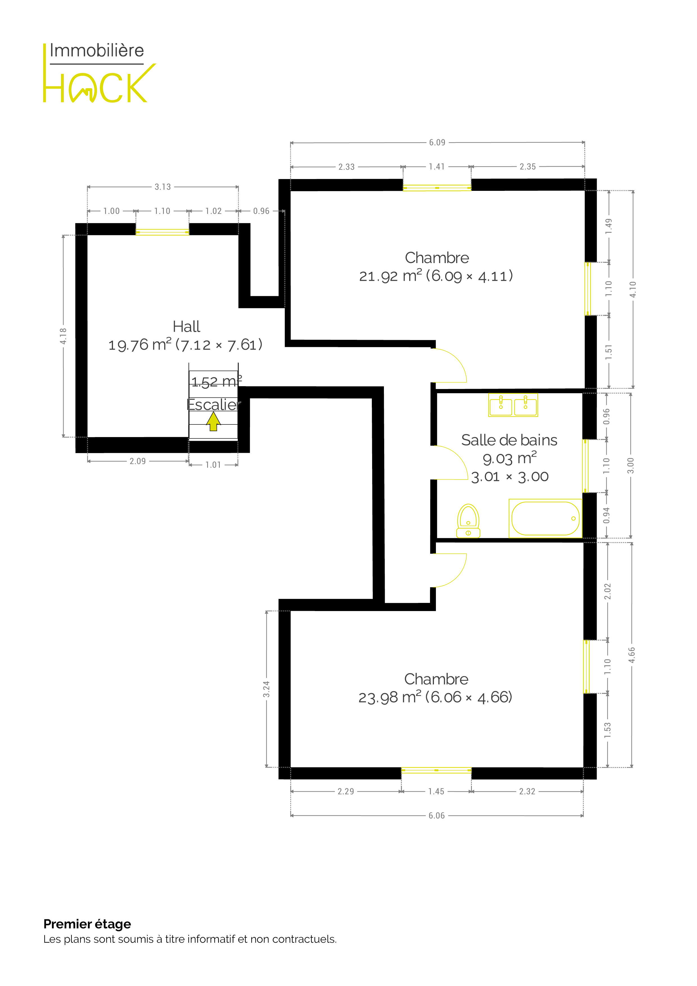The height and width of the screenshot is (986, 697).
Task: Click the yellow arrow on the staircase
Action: (213, 421)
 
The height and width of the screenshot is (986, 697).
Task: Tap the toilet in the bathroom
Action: (468, 521)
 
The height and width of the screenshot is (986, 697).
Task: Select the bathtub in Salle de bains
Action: (546, 518)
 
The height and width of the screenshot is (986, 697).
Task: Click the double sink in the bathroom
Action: (513, 405)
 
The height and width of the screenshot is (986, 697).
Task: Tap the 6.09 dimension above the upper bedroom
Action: (437, 143)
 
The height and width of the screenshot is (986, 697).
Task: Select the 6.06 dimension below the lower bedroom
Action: (437, 815)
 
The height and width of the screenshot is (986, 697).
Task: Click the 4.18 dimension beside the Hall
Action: (63, 336)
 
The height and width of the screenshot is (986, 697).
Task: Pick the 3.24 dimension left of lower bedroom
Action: (266, 689)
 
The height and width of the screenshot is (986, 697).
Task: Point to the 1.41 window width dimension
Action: (437, 167)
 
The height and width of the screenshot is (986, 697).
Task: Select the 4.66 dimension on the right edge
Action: (632, 655)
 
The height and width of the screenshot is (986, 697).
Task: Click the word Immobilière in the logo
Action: (97, 51)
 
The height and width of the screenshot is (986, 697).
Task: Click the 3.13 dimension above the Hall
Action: (163, 187)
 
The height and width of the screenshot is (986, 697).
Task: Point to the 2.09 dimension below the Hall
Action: (138, 461)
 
